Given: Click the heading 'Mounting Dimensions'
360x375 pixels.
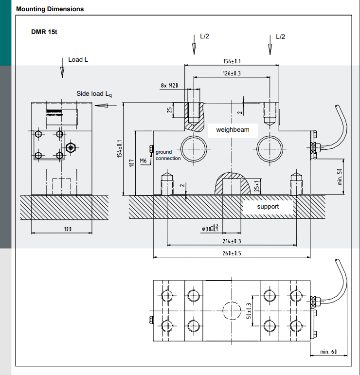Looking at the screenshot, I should point(50,9).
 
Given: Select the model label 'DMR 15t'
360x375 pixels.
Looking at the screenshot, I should point(45,32).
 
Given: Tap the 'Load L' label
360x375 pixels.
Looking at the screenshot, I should point(78,59).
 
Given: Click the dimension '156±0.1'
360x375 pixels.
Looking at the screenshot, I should point(232,61).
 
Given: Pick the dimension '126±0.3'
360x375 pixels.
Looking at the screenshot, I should point(232,73).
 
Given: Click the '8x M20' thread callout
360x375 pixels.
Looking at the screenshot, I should point(169,86).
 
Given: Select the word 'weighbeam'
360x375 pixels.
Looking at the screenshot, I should point(233,130).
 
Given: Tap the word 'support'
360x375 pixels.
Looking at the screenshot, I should point(268,206).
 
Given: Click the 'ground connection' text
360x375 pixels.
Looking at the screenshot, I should point(168,155).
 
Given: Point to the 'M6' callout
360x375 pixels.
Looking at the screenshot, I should point(143,161).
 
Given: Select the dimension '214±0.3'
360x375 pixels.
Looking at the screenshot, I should point(232,241).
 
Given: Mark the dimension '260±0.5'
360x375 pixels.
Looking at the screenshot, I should point(232,253).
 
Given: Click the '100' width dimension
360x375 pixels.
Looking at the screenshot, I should point(62,229).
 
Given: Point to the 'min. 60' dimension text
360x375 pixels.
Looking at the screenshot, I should point(328,352).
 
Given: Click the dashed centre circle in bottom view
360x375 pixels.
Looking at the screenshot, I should point(231,310).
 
